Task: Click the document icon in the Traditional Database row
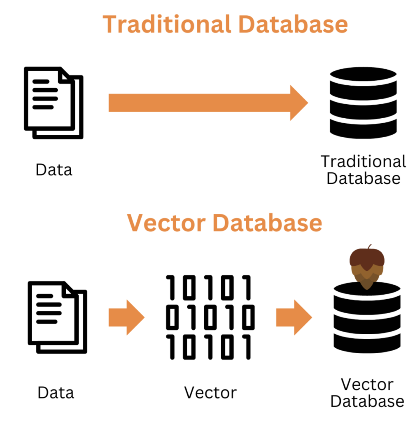53,102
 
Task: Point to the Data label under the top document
54,169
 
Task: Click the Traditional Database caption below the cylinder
363,169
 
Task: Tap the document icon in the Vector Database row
57,317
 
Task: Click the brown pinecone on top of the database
367,267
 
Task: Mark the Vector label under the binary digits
210,392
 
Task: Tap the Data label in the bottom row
56,392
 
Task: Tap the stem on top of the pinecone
369,247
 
